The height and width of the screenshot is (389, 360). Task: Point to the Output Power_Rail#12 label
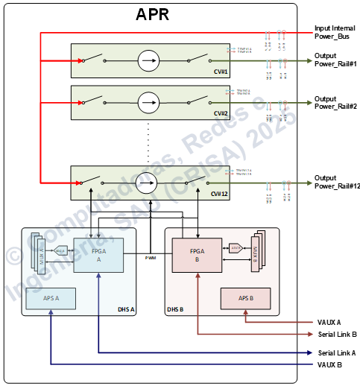[337, 182]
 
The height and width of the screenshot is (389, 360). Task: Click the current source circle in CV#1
[149, 60]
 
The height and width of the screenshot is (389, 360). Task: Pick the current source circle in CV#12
[149, 182]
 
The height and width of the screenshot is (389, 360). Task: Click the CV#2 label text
[219, 113]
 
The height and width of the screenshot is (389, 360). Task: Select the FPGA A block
[99, 256]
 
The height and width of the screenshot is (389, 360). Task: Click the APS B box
[245, 297]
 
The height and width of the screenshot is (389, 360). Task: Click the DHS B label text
[175, 309]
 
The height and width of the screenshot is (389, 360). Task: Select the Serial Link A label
[336, 352]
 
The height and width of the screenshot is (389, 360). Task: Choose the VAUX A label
[328, 322]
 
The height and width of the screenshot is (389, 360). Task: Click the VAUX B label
[328, 364]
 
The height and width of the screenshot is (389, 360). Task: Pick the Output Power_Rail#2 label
[335, 103]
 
